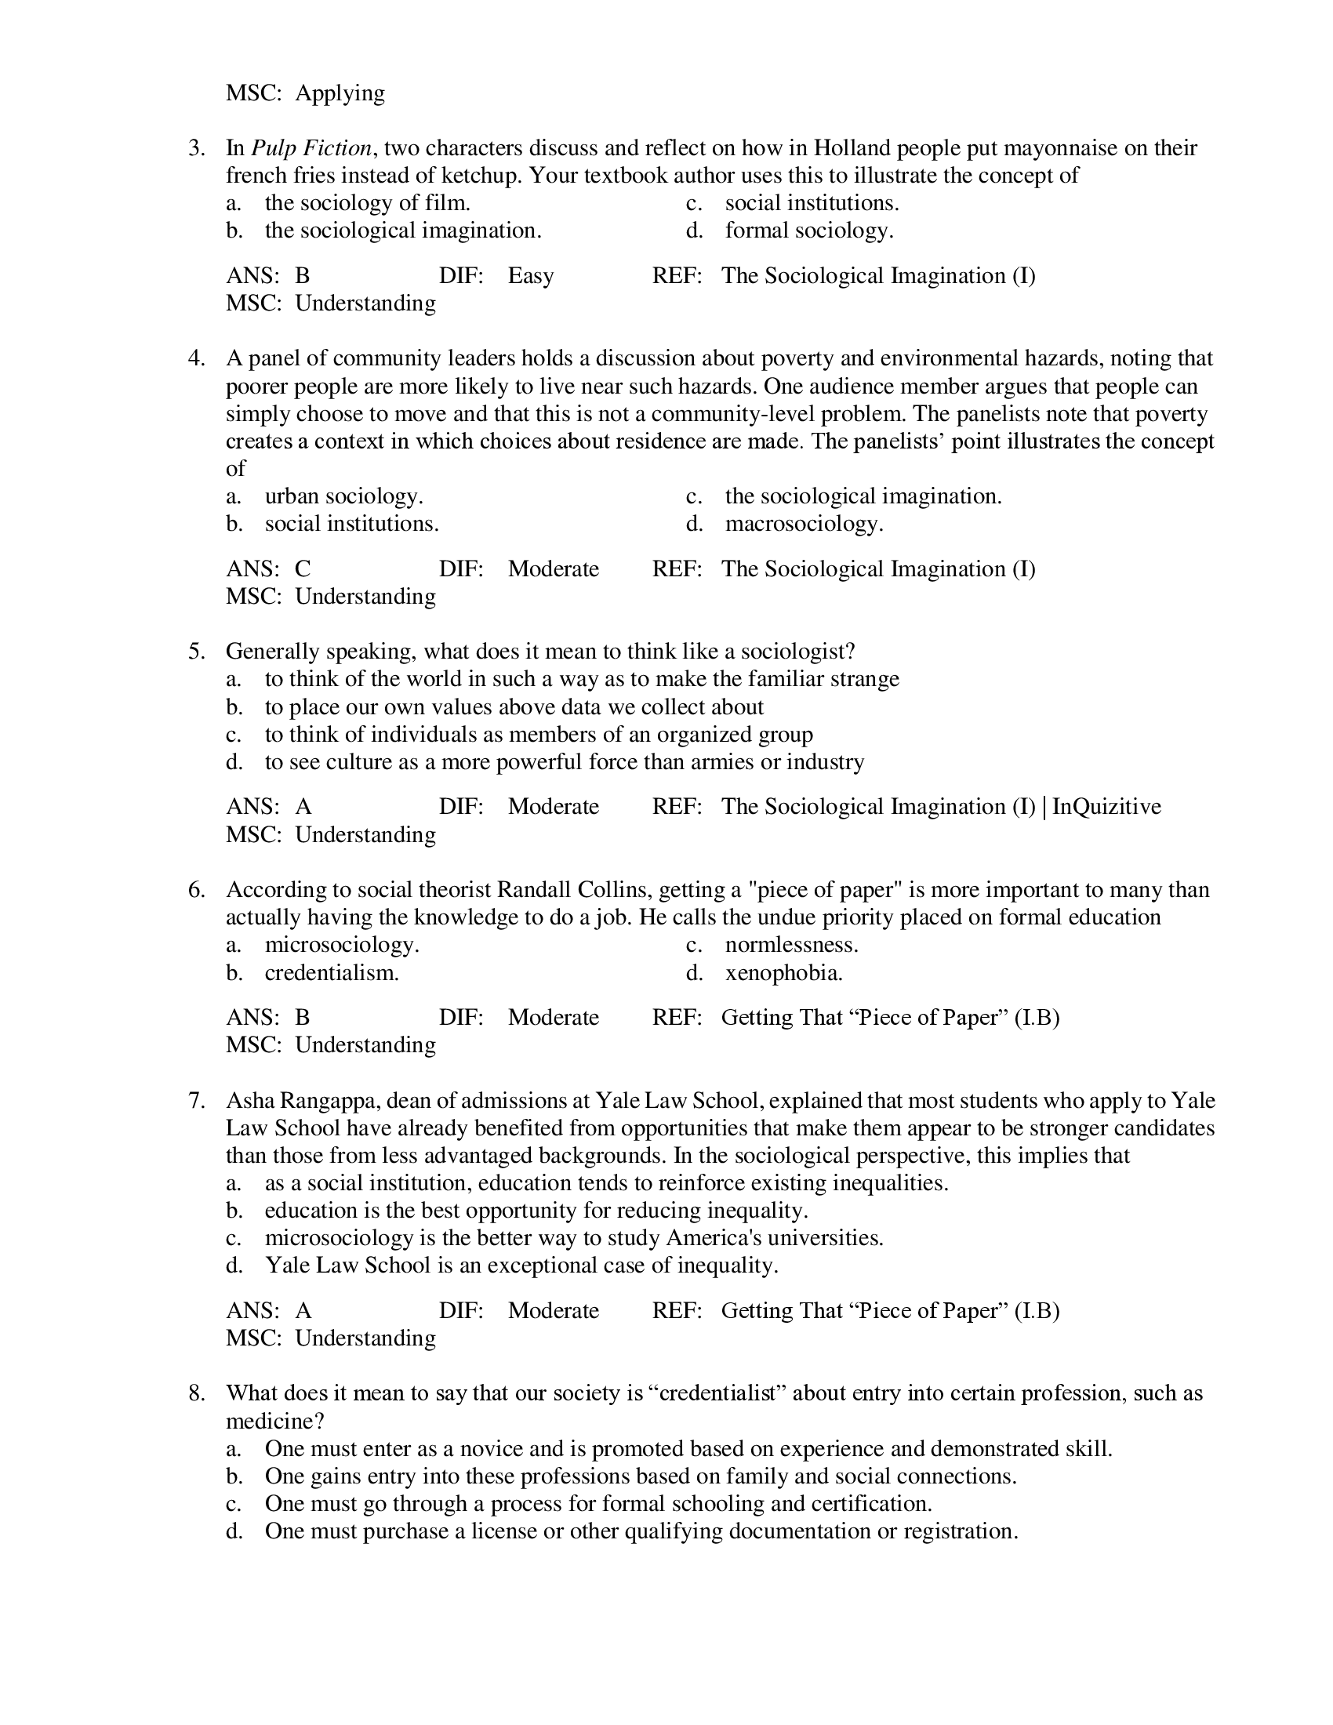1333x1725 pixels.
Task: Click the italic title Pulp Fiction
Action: [311, 147]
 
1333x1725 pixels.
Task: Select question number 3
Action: [197, 147]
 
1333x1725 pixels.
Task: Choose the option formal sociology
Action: [808, 231]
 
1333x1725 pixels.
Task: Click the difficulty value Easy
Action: [530, 276]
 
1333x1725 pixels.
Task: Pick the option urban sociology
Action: [343, 496]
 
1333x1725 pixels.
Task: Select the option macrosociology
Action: [804, 524]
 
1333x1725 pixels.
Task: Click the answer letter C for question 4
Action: [303, 568]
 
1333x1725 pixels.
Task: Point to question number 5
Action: [197, 652]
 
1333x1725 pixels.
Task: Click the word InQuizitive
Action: [1106, 806]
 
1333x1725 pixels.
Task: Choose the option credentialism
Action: [332, 973]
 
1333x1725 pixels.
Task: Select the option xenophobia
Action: [783, 973]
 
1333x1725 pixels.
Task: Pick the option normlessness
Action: [791, 946]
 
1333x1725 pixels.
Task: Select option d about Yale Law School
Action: [521, 1266]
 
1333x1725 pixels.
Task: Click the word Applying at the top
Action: [340, 93]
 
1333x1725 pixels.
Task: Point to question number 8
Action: [197, 1393]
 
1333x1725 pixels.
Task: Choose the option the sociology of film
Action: [367, 203]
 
